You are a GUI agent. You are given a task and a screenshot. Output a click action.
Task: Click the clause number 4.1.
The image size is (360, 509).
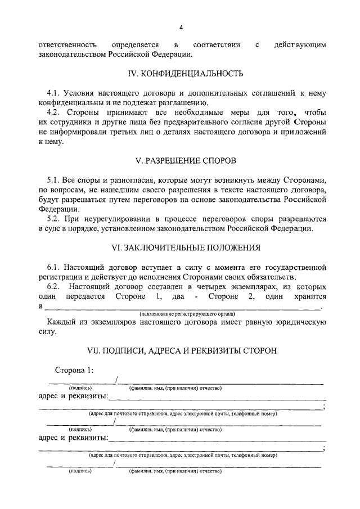pos(55,92)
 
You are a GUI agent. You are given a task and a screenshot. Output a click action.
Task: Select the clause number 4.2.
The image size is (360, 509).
pos(55,112)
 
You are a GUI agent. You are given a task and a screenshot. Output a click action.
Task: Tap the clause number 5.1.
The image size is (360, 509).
pos(55,179)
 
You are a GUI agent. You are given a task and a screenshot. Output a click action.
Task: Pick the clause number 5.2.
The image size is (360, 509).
pos(55,220)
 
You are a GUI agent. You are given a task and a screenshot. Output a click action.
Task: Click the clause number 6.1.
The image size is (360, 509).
pos(55,267)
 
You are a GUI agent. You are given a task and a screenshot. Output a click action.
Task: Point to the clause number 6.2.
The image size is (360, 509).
pos(55,287)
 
